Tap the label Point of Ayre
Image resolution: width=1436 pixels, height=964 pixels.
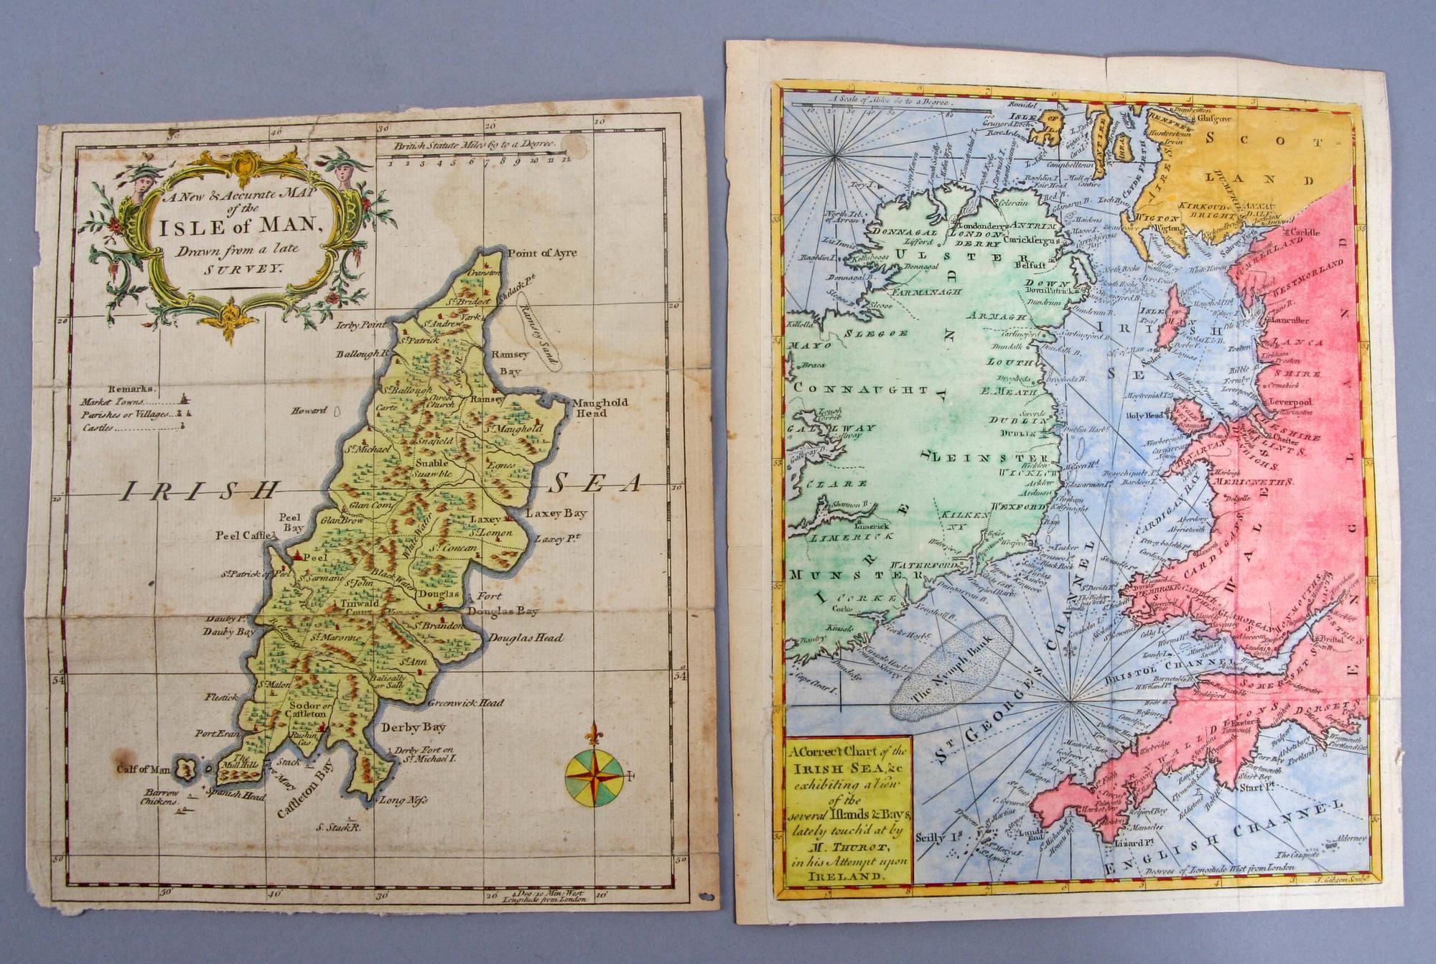point(542,253)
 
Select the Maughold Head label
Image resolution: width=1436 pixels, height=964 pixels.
point(600,407)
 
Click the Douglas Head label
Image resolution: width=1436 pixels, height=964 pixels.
point(526,637)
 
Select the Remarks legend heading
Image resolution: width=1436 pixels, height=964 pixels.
point(131,388)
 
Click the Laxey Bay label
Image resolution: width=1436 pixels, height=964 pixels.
point(556,513)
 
